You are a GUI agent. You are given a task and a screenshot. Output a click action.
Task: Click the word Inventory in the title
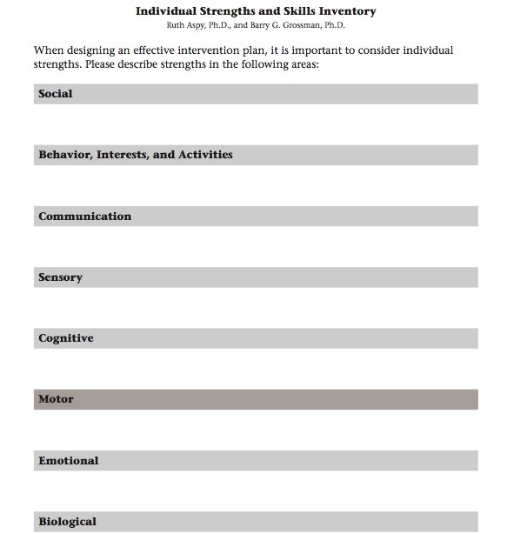coord(347,12)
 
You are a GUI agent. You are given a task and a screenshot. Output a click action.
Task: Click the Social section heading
coord(56,94)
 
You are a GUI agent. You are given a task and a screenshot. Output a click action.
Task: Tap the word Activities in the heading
coord(204,155)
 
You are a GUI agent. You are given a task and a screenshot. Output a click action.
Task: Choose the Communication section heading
coord(84,217)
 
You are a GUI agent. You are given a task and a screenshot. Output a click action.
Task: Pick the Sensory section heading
coord(60,277)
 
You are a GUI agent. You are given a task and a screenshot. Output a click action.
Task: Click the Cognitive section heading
coord(65,338)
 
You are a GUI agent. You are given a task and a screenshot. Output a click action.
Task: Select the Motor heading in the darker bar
coord(56,399)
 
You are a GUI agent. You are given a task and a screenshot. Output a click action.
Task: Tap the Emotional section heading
coord(68,461)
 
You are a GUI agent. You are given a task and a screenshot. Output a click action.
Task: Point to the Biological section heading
coord(67,522)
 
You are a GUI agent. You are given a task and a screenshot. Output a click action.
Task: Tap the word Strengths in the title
coord(218,12)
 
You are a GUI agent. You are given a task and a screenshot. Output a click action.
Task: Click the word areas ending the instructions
coord(302,65)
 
